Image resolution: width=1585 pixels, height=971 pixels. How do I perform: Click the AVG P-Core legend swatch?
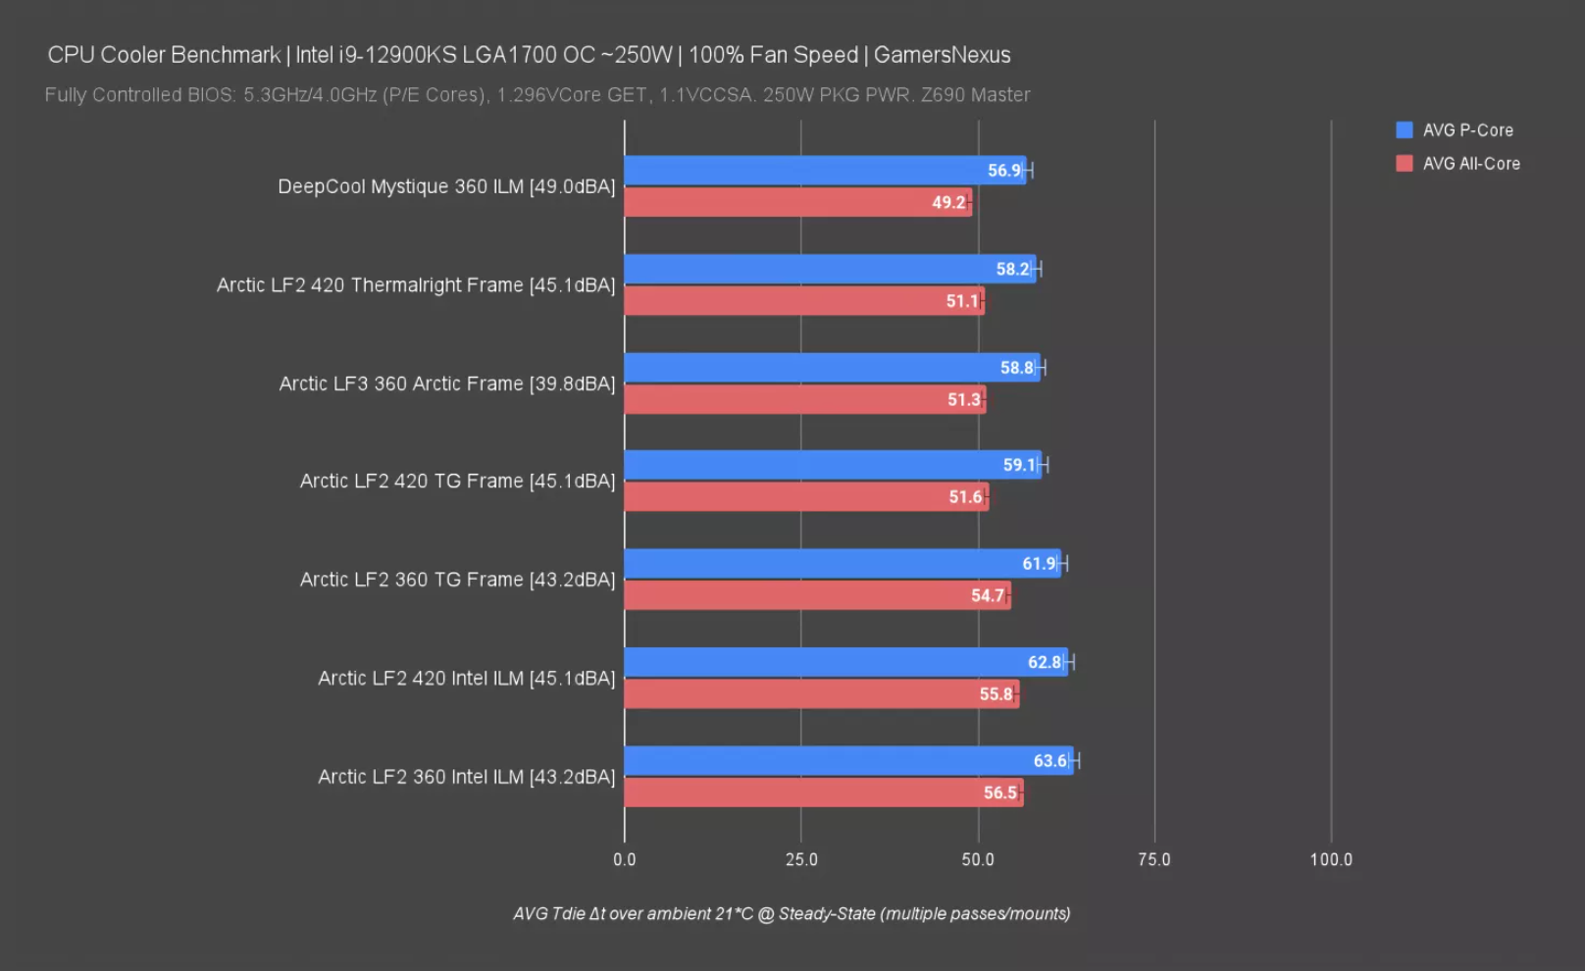pos(1404,130)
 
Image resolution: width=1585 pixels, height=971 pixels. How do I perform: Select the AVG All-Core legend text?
pos(1471,164)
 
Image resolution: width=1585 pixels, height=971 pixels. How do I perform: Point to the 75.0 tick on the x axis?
pos(1154,860)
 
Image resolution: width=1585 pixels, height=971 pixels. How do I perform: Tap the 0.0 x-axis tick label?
pos(625,860)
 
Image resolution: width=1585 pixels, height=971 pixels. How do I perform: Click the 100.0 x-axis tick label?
pos(1331,860)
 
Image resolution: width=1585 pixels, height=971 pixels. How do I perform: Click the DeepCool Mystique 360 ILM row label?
pos(446,186)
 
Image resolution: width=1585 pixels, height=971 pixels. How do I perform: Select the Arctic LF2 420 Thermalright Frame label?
pos(416,285)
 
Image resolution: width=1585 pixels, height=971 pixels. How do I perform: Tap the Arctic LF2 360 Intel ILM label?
pos(467,777)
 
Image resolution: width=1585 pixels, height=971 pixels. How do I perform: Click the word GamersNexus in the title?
pos(942,55)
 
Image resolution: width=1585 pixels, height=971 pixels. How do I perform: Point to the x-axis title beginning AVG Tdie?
pos(792,914)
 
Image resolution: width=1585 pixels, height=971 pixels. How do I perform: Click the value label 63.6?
pos(1049,761)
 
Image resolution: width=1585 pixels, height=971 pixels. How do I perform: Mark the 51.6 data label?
pos(965,497)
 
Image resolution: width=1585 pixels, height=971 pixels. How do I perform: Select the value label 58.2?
pos(1012,270)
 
